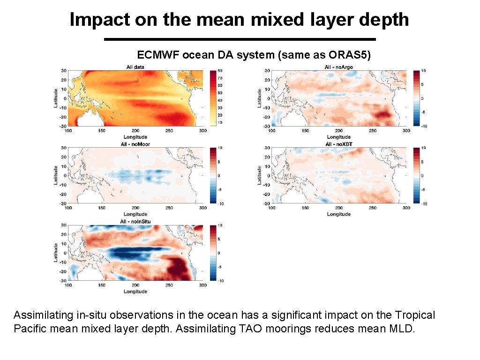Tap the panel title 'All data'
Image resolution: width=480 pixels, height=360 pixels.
pyautogui.click(x=135, y=67)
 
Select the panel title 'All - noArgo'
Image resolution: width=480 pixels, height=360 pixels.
pyautogui.click(x=338, y=67)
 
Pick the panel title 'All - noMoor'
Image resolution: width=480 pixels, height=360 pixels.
pyautogui.click(x=135, y=144)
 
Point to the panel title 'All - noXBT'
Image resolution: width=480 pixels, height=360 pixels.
pyautogui.click(x=338, y=144)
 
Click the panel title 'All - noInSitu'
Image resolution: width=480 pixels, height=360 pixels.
pyautogui.click(x=135, y=221)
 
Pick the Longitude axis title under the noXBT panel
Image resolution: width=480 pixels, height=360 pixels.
pyautogui.click(x=338, y=214)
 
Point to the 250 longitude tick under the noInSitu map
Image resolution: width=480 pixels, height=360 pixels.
pyautogui.click(x=169, y=285)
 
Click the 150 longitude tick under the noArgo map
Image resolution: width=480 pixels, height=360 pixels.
pyautogui.click(x=305, y=131)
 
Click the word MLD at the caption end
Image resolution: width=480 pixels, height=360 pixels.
pyautogui.click(x=402, y=329)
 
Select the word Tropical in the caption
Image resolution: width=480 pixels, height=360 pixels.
pyautogui.click(x=415, y=315)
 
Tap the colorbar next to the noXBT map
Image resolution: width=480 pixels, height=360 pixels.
pyautogui.click(x=417, y=175)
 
